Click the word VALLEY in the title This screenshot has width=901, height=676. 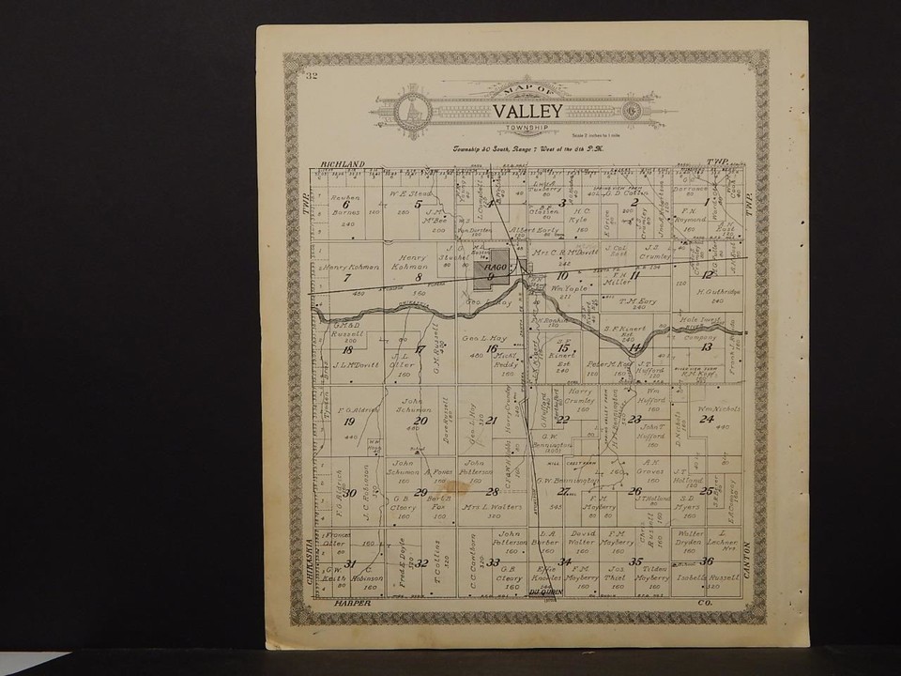point(527,111)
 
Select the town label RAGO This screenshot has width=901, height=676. point(492,268)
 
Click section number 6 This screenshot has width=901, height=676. point(345,204)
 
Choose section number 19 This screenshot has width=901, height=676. point(349,422)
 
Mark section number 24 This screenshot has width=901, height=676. point(706,419)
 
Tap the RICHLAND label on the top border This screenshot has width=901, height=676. point(341,164)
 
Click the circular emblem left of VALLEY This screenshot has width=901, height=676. point(411,111)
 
